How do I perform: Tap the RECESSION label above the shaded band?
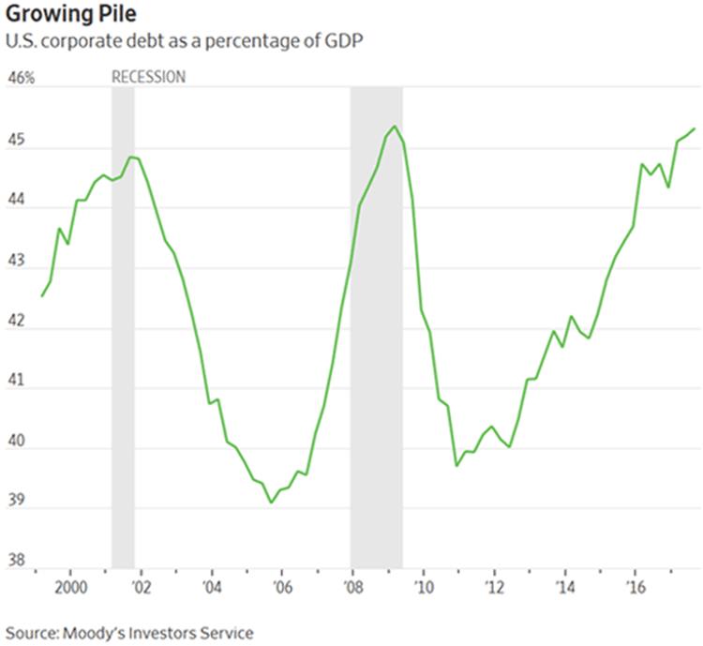pos(148,77)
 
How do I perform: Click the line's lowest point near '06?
pos(271,503)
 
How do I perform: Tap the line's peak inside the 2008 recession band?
pos(395,126)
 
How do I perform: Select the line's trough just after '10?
pos(456,465)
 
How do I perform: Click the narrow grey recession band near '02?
pos(123,328)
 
